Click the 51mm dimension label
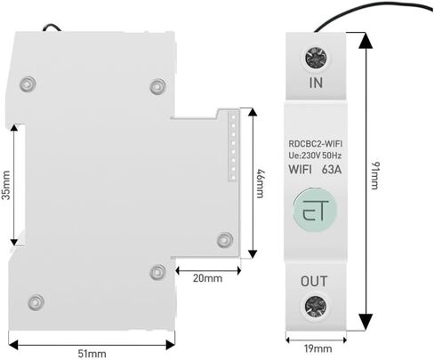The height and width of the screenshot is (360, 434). [x=92, y=353]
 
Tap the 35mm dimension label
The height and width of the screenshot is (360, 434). [x=6, y=185]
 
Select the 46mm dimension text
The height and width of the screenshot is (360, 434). [x=260, y=183]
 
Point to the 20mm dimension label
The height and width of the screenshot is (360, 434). [x=207, y=278]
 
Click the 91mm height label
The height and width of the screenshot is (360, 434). [x=375, y=175]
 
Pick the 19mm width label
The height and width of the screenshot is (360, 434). [x=318, y=348]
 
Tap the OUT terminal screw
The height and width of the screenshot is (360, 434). [x=316, y=307]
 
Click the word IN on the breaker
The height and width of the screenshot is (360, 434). [x=316, y=83]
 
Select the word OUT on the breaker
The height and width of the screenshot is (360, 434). [x=314, y=281]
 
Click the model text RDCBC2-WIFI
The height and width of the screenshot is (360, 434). [x=316, y=144]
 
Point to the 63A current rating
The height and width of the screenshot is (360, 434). [x=332, y=170]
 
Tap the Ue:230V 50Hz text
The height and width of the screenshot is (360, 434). [x=315, y=156]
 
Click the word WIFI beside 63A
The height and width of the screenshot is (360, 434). [x=301, y=170]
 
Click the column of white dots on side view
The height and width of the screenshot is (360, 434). [x=233, y=148]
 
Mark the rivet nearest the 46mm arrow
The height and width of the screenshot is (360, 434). [x=225, y=240]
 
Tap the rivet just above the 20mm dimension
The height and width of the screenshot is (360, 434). [x=157, y=272]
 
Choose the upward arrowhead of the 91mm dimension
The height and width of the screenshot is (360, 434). [x=366, y=40]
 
